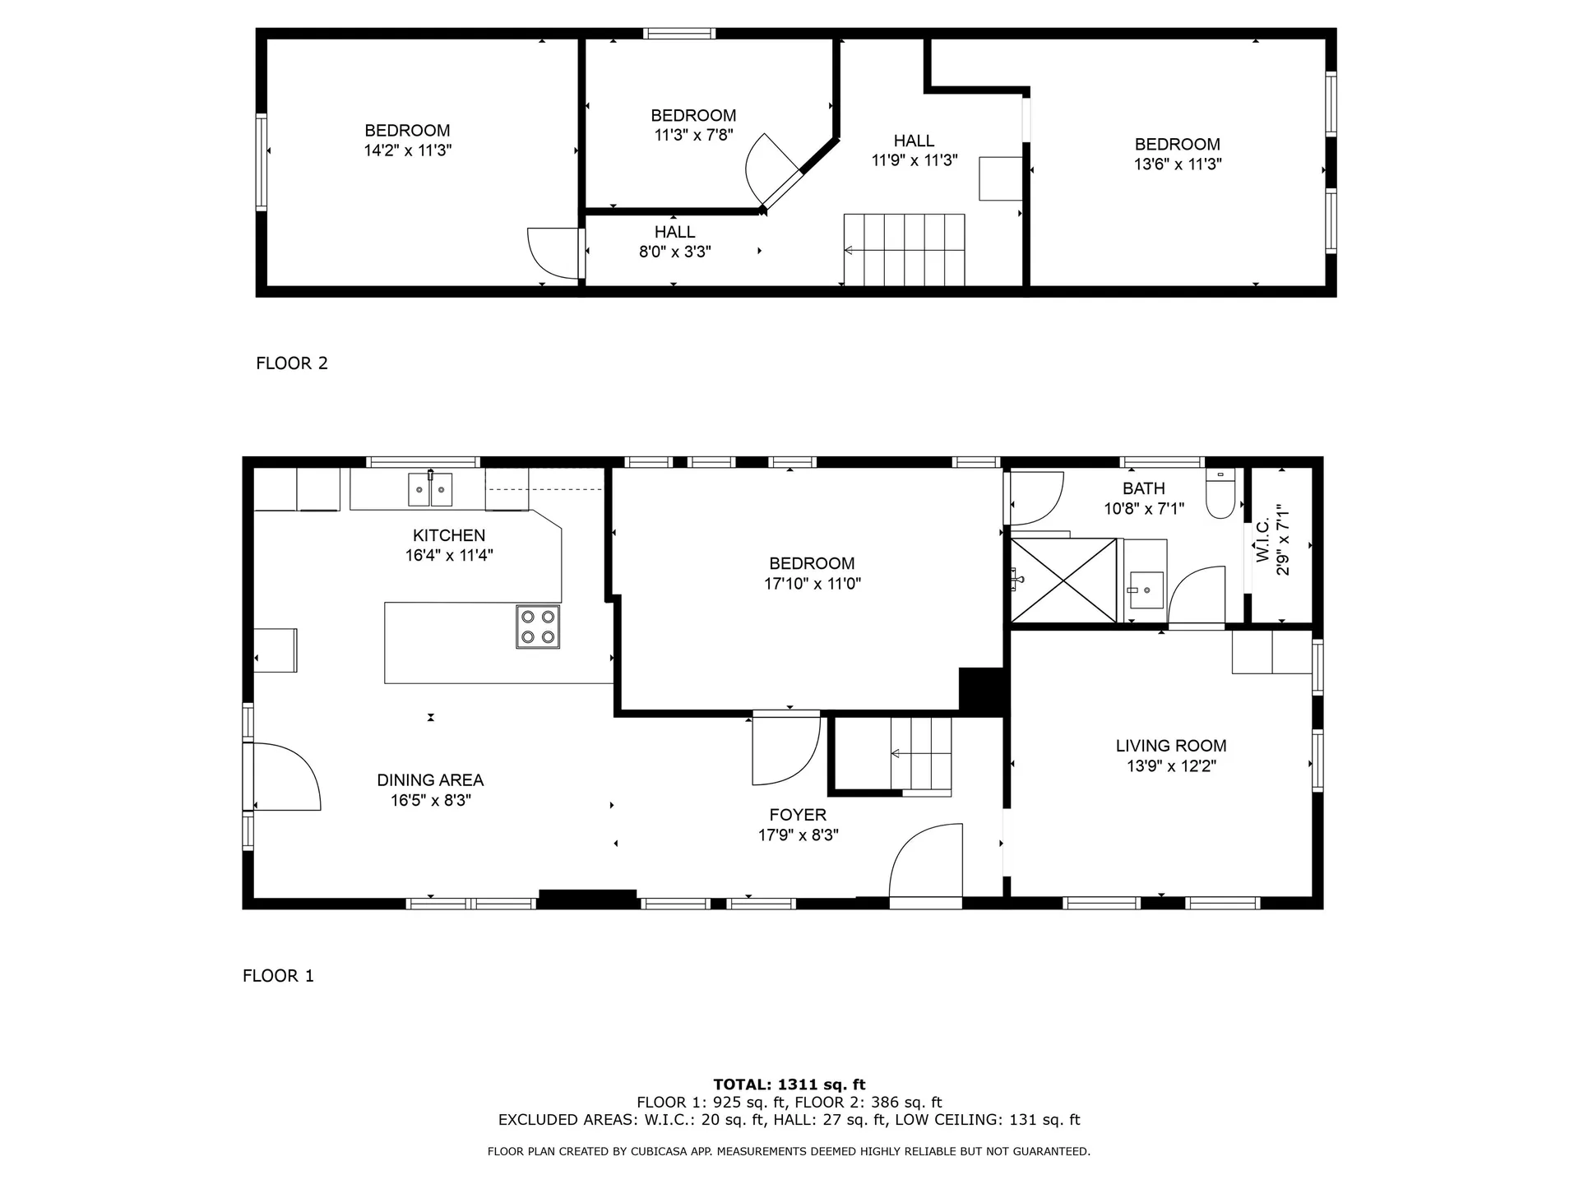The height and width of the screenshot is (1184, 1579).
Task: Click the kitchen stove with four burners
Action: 538,627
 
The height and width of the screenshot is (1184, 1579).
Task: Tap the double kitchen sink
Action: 430,489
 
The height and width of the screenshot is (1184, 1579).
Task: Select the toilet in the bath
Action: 1220,493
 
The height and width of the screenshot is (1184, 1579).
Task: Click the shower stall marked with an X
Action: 1064,580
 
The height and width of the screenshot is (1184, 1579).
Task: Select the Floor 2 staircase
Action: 904,250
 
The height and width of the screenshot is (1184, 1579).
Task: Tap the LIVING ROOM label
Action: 1171,746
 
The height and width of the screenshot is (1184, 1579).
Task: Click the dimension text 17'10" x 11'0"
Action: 812,584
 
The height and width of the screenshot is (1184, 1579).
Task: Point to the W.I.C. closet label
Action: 1263,540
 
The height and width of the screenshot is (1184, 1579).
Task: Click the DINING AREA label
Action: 430,780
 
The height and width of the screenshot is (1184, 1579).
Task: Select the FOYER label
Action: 798,815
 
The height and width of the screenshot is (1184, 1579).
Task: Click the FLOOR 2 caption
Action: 292,363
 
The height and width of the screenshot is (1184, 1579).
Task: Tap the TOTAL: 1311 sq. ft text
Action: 789,1085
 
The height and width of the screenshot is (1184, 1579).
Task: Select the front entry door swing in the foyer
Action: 926,863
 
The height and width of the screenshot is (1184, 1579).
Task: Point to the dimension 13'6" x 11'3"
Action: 1178,164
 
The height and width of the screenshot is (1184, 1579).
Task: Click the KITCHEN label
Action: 449,535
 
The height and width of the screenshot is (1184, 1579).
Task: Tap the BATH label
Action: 1144,488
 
